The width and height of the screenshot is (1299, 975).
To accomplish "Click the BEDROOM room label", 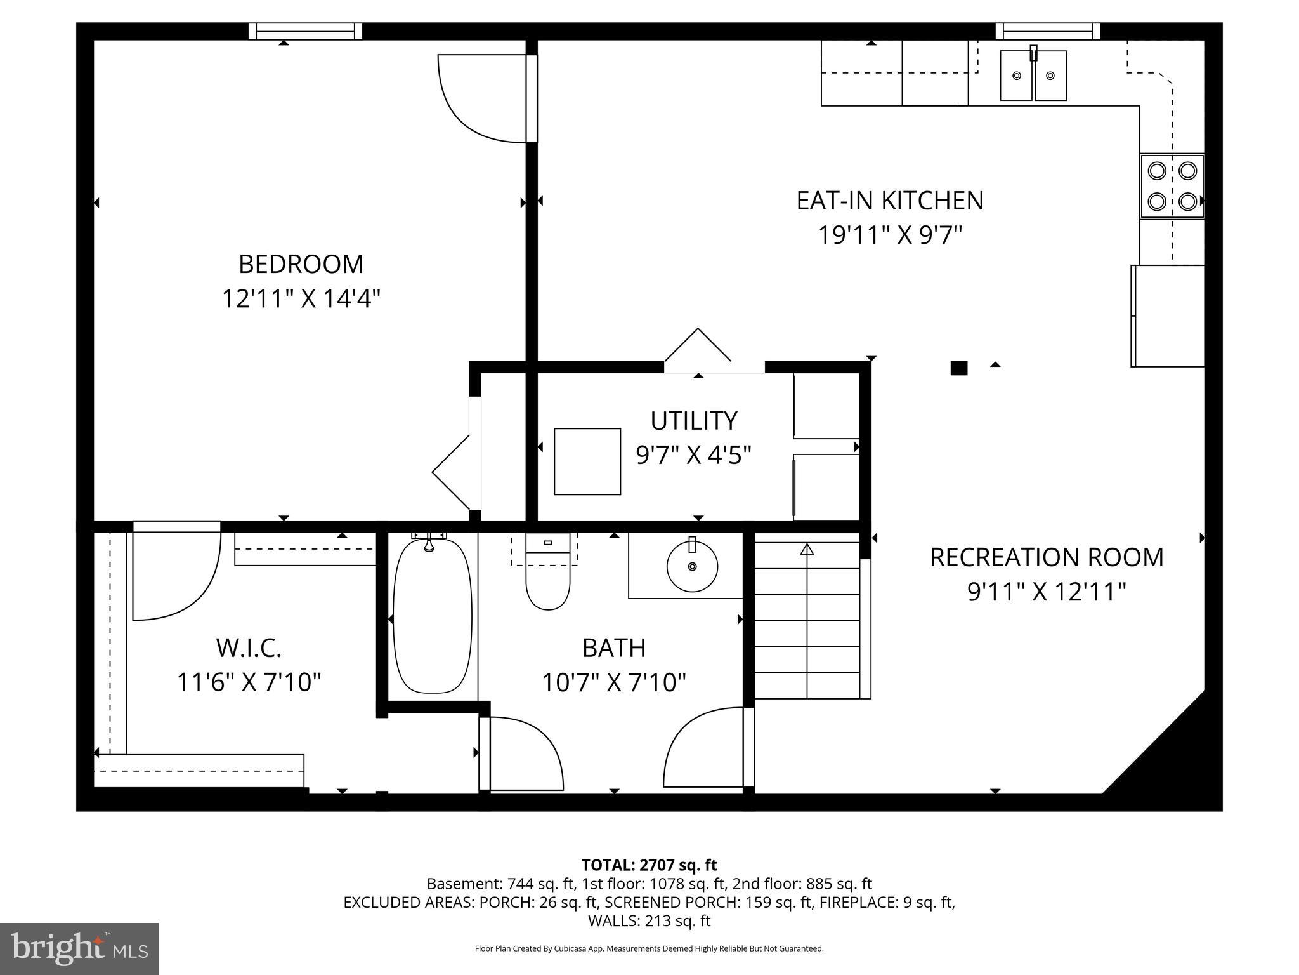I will pos(301,264).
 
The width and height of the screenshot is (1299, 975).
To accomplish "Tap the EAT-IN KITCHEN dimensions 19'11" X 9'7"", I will pos(889,235).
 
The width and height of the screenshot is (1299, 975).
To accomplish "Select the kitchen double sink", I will pos(1033,76).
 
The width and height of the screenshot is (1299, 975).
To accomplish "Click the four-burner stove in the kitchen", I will pos(1172,187).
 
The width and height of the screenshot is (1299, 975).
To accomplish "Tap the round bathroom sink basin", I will pos(692,566).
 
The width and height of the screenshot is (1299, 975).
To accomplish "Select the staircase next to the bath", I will pos(807,619).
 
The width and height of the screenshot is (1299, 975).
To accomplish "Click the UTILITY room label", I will pos(694,421).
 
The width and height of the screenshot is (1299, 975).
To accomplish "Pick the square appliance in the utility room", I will pos(587,461).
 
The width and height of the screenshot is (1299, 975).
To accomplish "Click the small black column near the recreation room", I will pos(958,368).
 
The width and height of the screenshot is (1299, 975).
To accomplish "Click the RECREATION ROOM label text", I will pos(1047,557).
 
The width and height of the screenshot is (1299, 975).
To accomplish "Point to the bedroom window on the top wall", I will pos(305,31).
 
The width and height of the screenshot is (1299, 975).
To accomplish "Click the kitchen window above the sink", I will pos(1048,31).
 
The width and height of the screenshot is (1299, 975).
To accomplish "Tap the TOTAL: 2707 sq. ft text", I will pos(649,865).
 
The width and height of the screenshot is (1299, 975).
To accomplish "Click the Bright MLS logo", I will pos(79,948).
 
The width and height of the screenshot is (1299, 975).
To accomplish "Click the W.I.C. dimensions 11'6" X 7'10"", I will pos(249,682).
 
